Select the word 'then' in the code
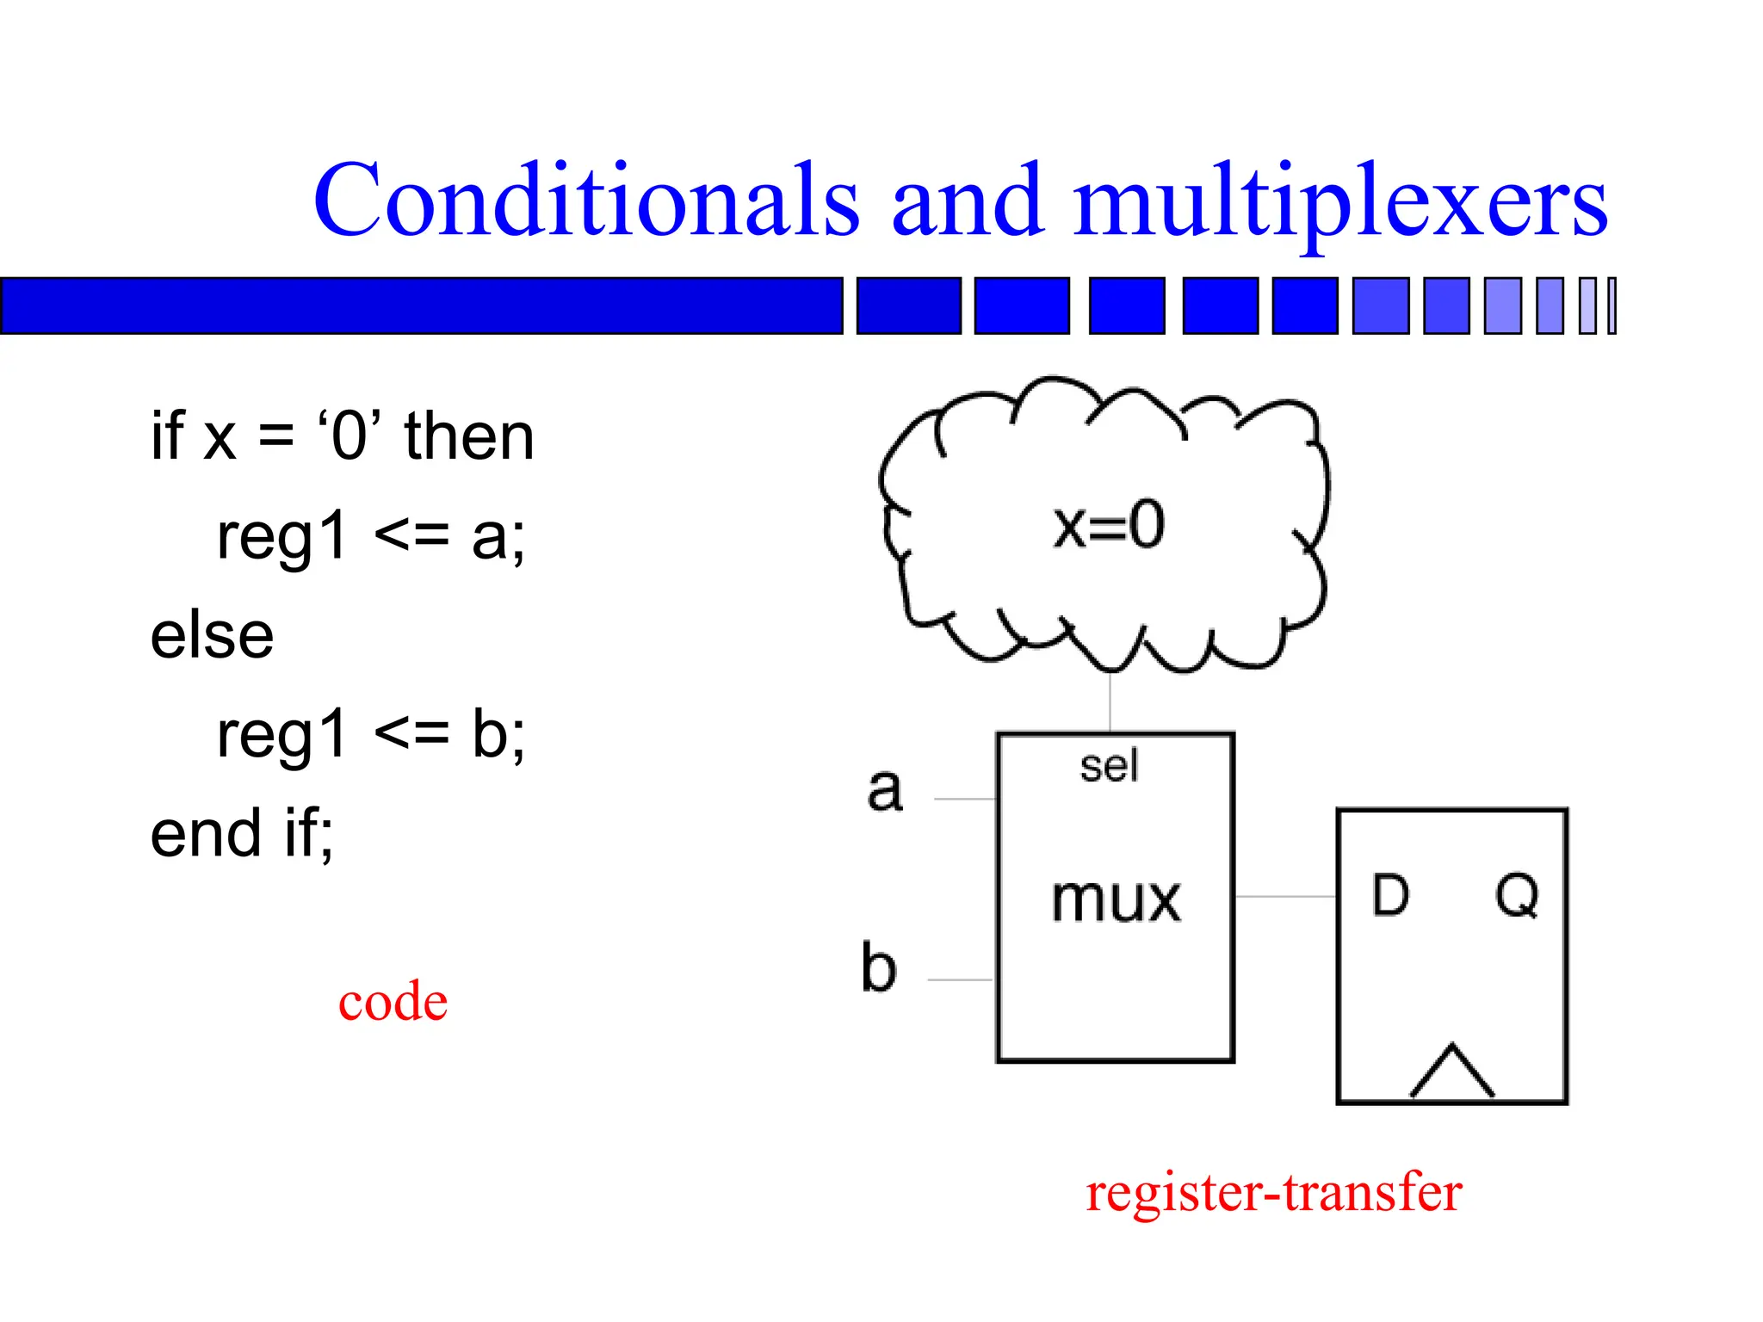coord(469,436)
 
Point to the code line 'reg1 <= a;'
coord(370,537)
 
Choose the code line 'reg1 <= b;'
coord(370,735)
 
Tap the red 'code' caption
coord(393,1002)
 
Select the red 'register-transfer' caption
coord(1273,1193)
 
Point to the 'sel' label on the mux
coord(1109,765)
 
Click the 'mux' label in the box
coord(1116,900)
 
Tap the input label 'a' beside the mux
coord(885,789)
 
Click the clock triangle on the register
coord(1451,1072)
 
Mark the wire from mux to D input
coord(1285,896)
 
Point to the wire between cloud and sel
coord(1110,701)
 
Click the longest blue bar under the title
coord(421,306)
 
